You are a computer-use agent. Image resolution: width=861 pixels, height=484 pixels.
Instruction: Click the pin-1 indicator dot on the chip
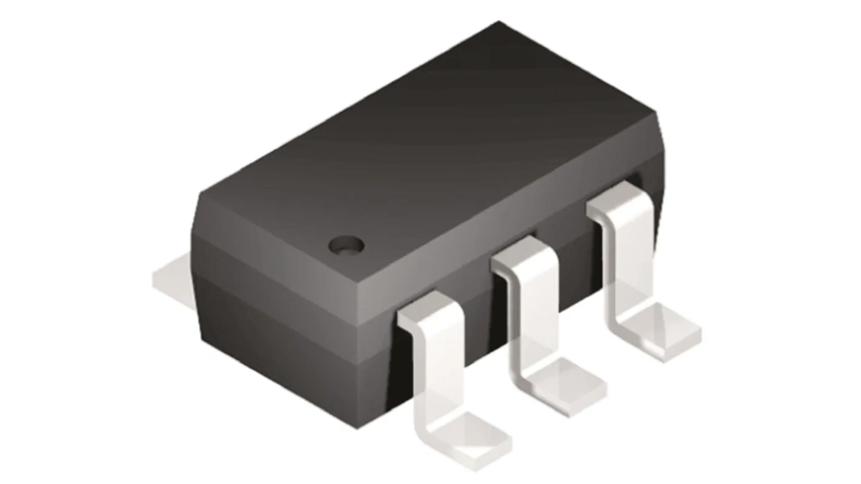tap(346, 244)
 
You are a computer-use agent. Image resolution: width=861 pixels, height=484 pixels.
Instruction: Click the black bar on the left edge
tap(70, 242)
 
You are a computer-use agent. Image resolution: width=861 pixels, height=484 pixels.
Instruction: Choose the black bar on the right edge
tap(794, 242)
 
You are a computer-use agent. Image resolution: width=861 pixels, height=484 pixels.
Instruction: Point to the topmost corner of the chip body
tap(498, 22)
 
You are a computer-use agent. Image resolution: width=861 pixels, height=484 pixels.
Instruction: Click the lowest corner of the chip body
tap(358, 427)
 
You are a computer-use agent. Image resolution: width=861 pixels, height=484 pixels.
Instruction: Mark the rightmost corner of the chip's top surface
tap(656, 112)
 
